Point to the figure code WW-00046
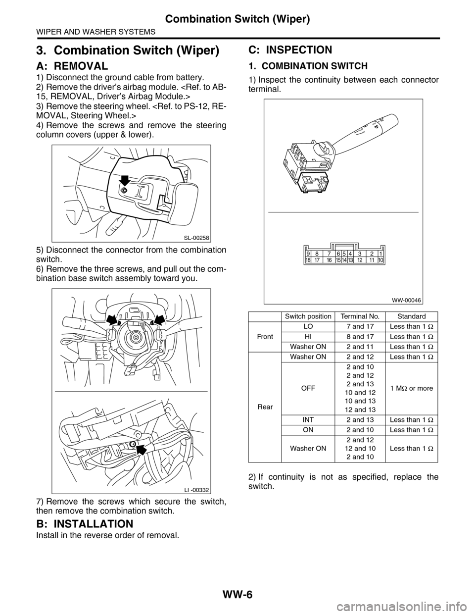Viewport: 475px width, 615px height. [x=407, y=300]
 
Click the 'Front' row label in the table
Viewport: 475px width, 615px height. [x=265, y=336]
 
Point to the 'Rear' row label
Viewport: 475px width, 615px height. [x=265, y=407]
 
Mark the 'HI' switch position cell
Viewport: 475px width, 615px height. [x=308, y=336]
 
